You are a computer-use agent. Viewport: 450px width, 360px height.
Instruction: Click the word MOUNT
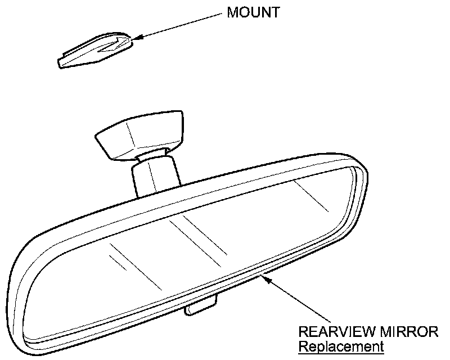coord(253,12)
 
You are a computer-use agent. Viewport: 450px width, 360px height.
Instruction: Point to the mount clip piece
coord(96,52)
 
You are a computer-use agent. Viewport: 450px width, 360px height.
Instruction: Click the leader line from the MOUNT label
coord(180,25)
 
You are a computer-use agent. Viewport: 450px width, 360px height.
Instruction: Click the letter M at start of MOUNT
coord(232,12)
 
